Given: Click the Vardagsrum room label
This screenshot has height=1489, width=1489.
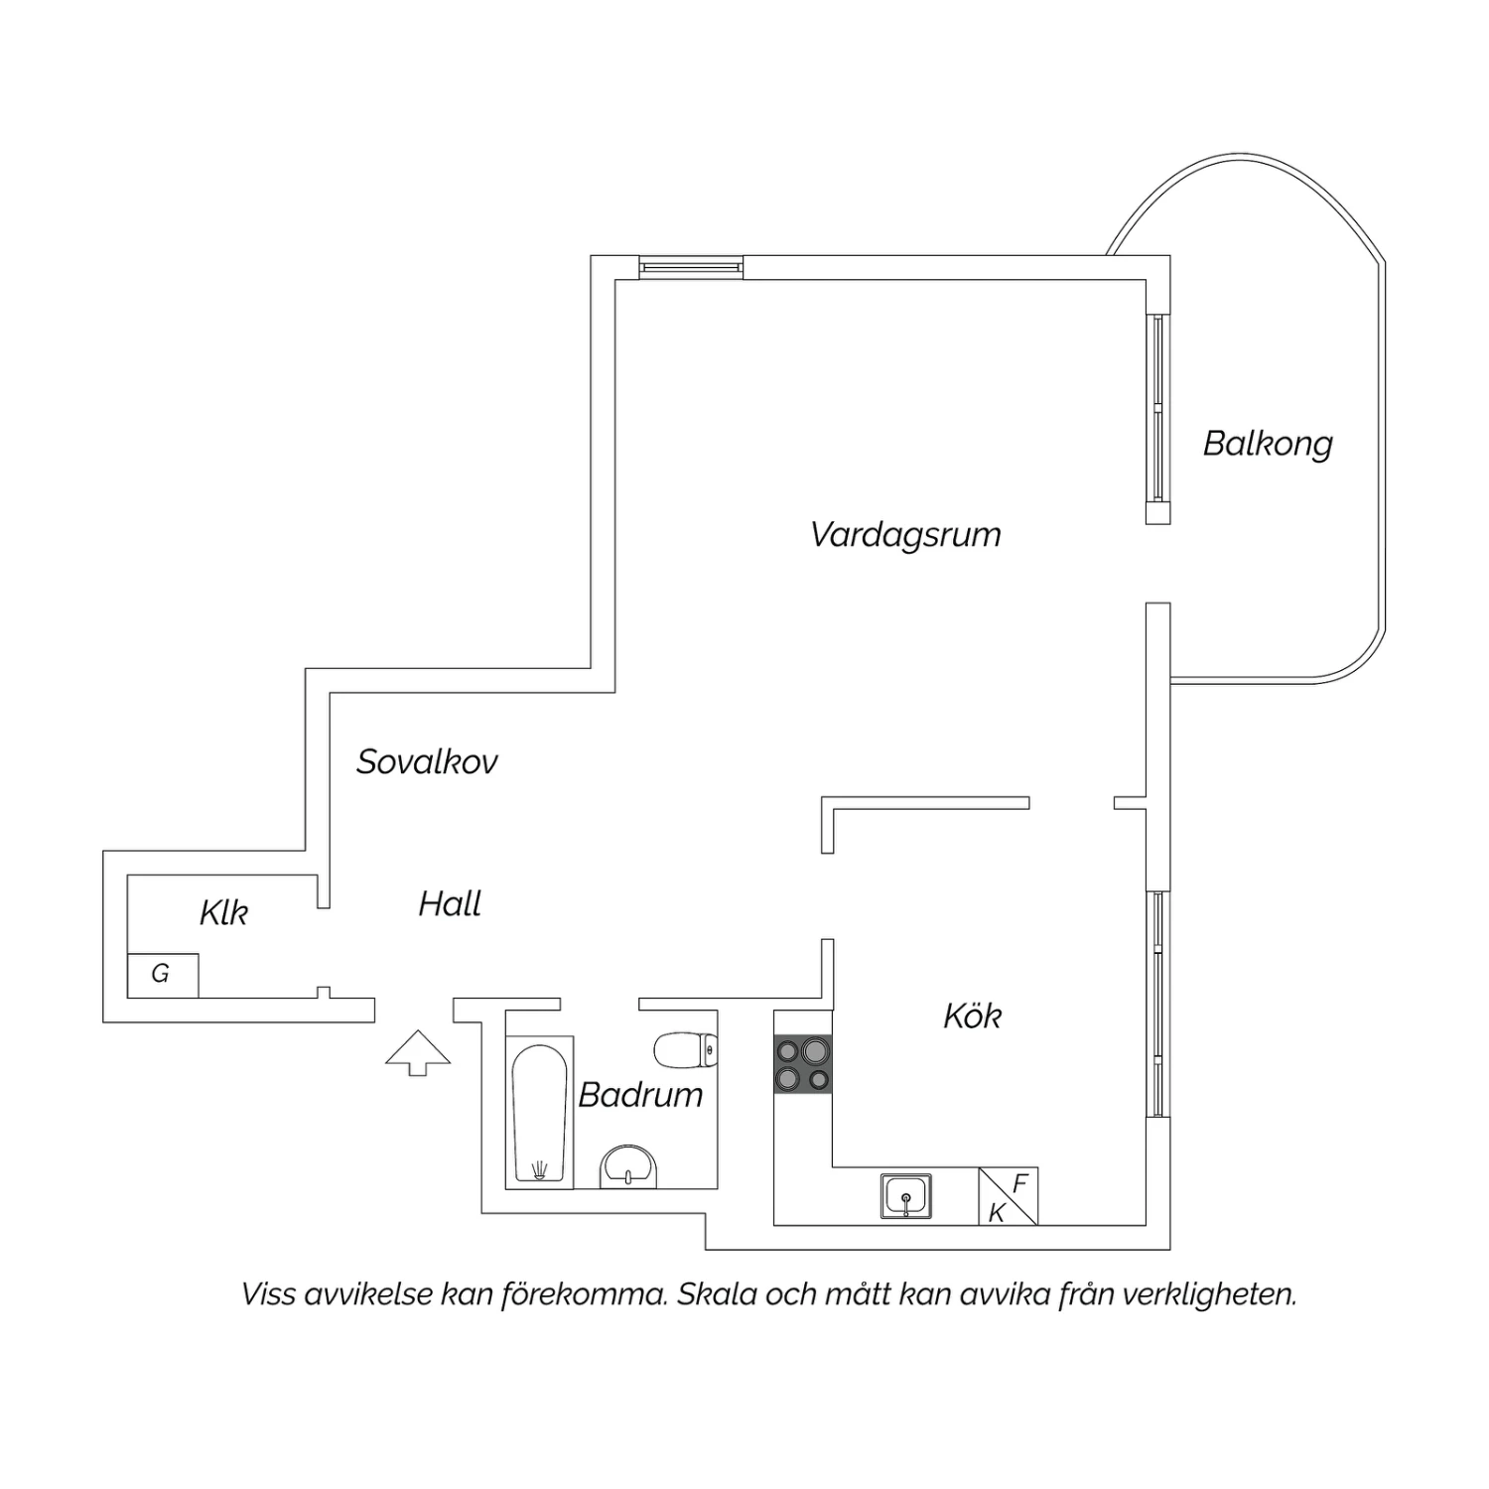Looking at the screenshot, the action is coord(905,535).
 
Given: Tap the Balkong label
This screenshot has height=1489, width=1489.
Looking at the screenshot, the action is coord(1268,444).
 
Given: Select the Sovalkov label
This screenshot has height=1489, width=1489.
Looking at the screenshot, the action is coord(427,761).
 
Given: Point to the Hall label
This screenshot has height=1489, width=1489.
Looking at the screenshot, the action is coord(450,903).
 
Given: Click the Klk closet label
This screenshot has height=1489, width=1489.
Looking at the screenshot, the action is coord(223,912).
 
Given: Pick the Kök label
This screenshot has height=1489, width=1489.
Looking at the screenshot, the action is coord(972,1015).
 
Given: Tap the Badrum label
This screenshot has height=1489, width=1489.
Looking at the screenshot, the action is coord(640,1094).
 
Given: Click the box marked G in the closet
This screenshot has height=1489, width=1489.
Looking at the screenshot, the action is coord(163,975).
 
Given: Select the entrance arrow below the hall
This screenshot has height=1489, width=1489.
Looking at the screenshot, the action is coord(418,1053).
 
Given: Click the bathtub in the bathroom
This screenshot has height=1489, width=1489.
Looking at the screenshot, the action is coord(540,1112).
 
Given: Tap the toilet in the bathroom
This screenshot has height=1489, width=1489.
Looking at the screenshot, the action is coord(686,1050).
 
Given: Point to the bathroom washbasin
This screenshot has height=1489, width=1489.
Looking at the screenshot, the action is coord(628,1166).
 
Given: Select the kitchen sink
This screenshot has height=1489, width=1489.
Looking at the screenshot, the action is coord(906,1195).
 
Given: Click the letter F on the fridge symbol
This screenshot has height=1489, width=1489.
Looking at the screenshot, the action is coord(1019,1183).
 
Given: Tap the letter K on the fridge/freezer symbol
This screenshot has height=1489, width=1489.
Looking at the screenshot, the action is coord(997,1212).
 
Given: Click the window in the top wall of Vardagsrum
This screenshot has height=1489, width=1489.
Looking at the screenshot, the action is coord(691,267).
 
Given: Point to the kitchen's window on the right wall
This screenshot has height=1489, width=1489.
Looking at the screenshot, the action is coord(1158,1005).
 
